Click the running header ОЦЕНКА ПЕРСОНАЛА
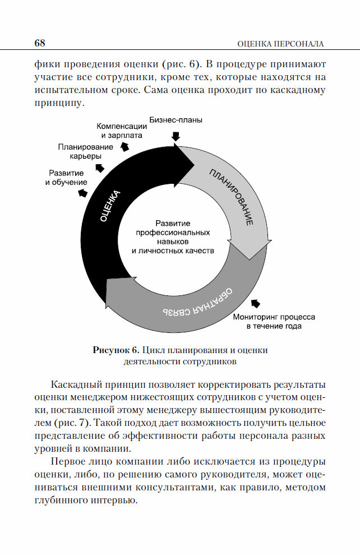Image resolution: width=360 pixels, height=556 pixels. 280,43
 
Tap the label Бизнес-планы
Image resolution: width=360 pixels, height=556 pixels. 176,119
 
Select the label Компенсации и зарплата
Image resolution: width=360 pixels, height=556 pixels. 122,131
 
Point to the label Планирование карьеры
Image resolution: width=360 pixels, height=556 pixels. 85,151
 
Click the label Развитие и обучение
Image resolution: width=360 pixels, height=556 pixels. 66,178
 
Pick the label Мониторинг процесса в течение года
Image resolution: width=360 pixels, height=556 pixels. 274,321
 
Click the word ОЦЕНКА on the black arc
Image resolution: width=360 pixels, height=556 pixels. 110,207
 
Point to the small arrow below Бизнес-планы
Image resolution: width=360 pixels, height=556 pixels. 176,136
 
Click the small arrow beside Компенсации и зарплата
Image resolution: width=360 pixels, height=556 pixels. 124,146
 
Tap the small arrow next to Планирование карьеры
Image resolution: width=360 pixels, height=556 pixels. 100,168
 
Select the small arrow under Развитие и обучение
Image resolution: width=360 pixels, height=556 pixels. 82,193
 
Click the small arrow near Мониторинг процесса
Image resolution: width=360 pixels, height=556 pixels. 256,303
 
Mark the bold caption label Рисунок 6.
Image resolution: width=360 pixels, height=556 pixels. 116,350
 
